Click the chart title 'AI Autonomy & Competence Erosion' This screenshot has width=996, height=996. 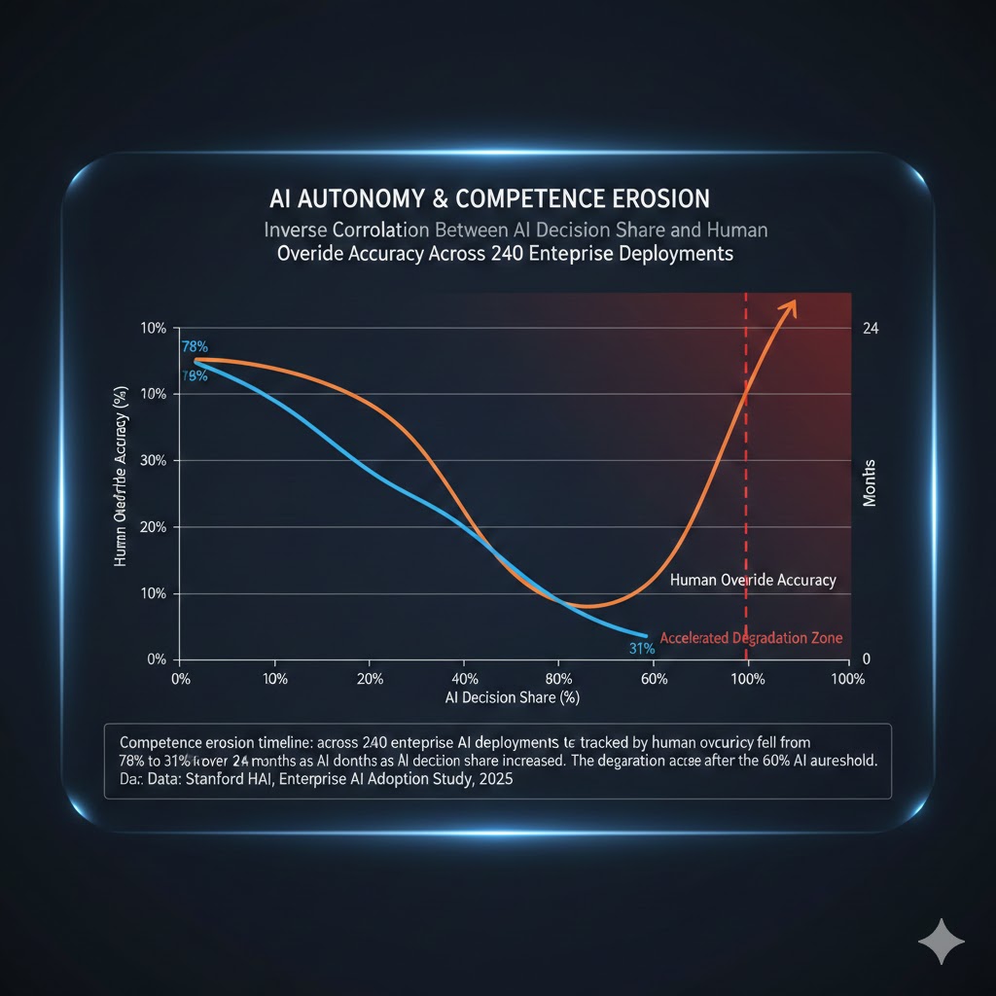coord(489,199)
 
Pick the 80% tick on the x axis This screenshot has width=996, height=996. coord(559,679)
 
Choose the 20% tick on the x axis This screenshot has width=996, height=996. coord(370,679)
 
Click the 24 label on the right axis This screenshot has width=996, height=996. coord(871,329)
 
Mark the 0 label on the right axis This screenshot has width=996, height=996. coord(867,659)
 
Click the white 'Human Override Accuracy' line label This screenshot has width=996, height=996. coord(753,581)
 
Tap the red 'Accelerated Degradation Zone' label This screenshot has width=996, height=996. coord(751,638)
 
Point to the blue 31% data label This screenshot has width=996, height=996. coord(642,649)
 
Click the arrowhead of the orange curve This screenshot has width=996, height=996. coord(790,306)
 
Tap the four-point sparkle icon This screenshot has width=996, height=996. coord(942,943)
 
